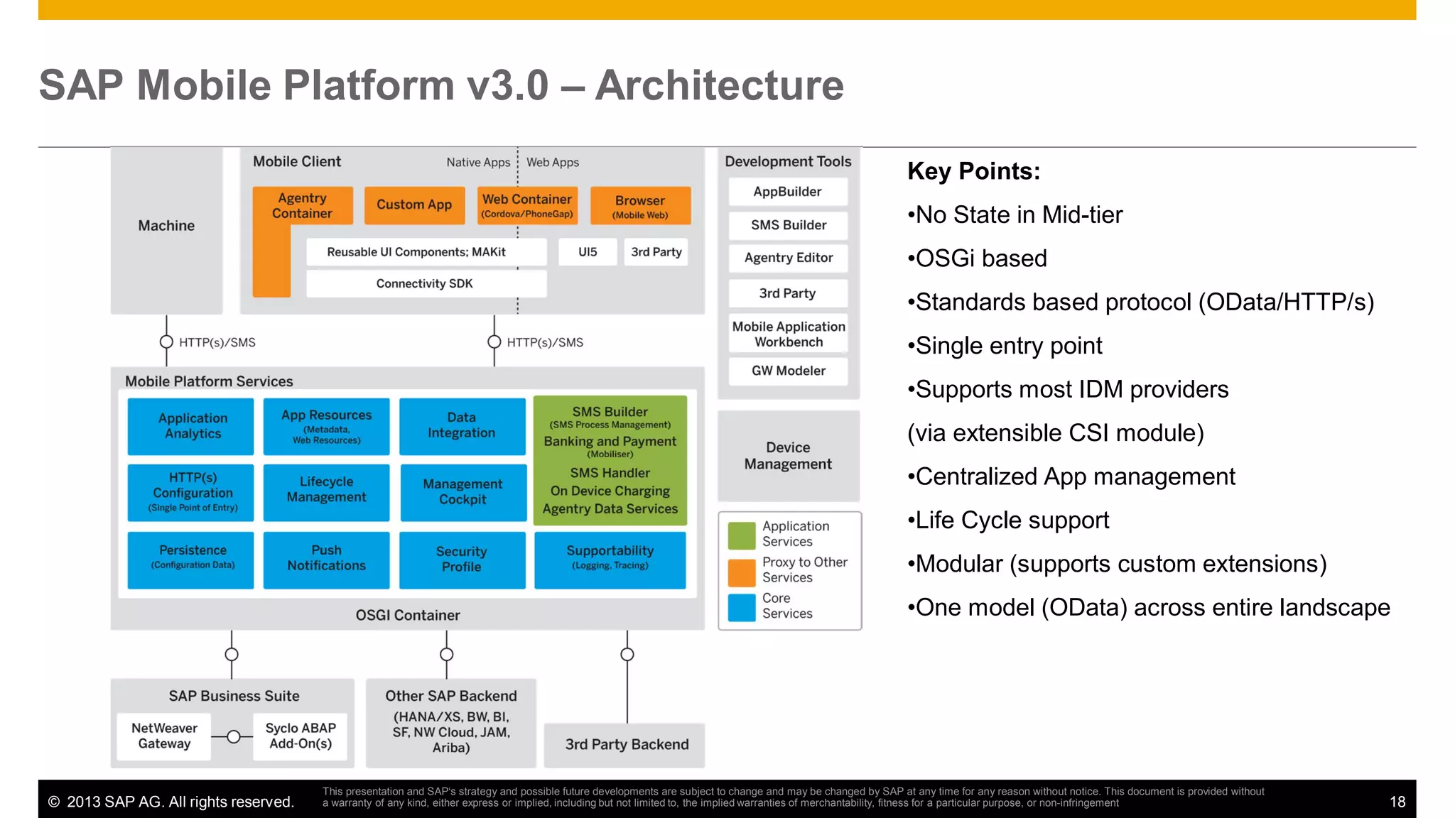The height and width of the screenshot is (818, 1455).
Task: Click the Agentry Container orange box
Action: tap(303, 206)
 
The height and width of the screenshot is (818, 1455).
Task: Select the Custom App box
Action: tap(414, 205)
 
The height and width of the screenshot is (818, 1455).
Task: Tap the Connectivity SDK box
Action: tap(425, 283)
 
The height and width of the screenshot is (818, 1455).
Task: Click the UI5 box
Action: tap(588, 252)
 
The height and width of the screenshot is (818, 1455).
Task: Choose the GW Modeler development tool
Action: tap(788, 371)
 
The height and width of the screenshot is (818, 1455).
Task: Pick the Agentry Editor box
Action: tap(788, 258)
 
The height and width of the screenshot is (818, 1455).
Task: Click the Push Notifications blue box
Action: tap(326, 559)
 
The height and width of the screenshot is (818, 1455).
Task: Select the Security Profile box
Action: tap(462, 560)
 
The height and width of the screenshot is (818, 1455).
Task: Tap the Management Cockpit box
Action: tap(463, 492)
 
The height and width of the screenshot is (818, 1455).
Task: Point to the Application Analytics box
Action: tap(193, 426)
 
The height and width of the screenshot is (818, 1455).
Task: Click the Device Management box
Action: tap(788, 456)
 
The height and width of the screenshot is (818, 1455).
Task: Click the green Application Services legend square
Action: tap(742, 535)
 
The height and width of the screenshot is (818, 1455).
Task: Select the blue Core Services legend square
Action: tap(742, 607)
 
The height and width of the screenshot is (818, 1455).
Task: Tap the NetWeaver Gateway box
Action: tap(164, 736)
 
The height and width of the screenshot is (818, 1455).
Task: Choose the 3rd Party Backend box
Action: tap(626, 744)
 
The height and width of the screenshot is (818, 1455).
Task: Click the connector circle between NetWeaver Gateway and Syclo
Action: tap(233, 737)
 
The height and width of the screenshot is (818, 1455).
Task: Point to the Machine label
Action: tap(166, 226)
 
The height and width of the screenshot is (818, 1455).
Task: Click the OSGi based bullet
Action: tap(980, 258)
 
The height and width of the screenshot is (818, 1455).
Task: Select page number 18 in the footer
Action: tap(1397, 802)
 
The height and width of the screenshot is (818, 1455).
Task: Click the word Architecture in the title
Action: tap(719, 85)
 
